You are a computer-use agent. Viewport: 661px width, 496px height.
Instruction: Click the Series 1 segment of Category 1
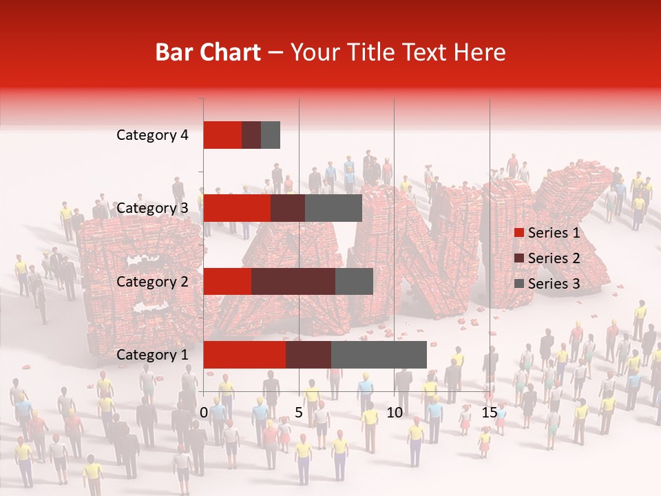[244, 355]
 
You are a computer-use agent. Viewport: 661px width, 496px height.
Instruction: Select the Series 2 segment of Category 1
[308, 355]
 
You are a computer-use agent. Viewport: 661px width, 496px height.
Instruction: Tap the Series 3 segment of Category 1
[379, 355]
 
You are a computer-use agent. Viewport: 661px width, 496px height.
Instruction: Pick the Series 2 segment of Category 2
[293, 281]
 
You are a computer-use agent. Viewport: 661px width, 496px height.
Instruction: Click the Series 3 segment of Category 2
[354, 281]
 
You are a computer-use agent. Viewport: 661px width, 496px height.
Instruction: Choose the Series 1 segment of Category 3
[237, 208]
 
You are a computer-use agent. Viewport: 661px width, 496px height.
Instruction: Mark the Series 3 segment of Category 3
[333, 208]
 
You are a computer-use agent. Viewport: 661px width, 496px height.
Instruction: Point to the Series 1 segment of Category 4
[222, 135]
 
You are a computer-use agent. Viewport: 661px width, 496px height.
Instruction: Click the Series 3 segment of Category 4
[271, 135]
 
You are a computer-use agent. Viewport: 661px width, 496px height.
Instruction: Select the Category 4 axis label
[152, 135]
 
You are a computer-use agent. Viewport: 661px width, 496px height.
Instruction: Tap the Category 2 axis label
[152, 281]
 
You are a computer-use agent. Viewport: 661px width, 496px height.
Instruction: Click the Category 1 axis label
[152, 355]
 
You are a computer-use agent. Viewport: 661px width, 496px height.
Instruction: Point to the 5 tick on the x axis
[299, 413]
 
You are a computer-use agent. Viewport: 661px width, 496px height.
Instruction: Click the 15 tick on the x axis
[489, 413]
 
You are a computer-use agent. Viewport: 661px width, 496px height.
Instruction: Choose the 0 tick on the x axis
[204, 413]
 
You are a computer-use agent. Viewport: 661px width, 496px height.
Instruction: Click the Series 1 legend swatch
[518, 233]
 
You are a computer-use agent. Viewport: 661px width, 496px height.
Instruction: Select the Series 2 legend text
[554, 258]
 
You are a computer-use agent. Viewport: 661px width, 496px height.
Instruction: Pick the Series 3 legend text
[554, 284]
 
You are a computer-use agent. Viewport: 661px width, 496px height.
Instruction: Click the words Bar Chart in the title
[208, 52]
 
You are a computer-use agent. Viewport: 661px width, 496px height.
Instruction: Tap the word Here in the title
[481, 52]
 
